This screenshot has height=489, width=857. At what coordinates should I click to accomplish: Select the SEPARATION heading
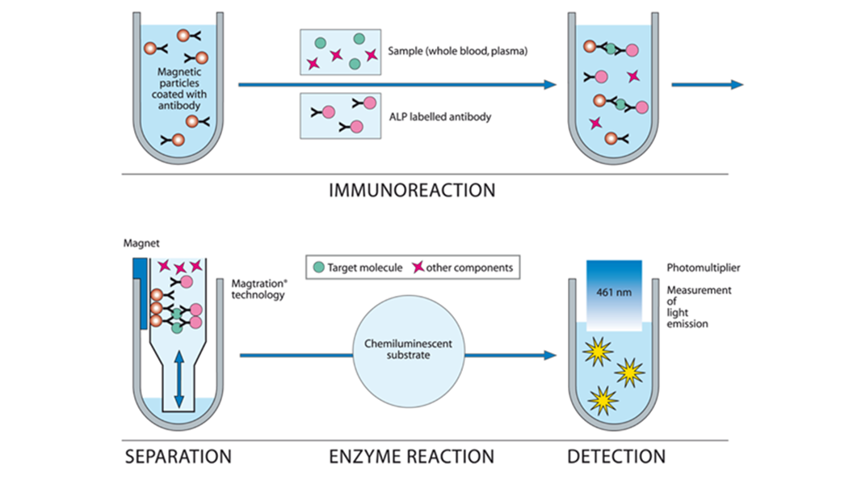click(178, 457)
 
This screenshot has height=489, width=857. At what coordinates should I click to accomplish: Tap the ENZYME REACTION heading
click(411, 457)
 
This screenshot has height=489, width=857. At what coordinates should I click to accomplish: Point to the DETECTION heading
click(616, 457)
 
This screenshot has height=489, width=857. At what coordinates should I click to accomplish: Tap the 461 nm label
click(614, 292)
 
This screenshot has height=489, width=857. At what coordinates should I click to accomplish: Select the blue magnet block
click(142, 291)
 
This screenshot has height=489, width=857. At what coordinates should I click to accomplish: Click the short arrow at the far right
click(707, 84)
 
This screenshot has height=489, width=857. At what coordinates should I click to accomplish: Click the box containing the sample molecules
click(342, 52)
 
